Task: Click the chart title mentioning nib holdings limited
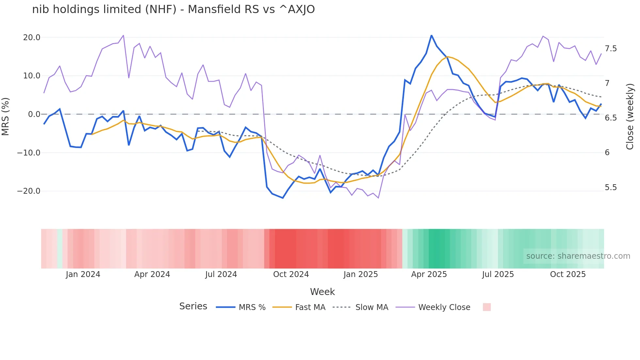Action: pyautogui.click(x=173, y=9)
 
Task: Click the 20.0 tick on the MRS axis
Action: pyautogui.click(x=32, y=38)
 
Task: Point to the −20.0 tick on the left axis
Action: pyautogui.click(x=29, y=191)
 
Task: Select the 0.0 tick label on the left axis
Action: pyautogui.click(x=34, y=114)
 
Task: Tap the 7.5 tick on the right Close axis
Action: pyautogui.click(x=611, y=49)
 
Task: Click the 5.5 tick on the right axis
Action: pyautogui.click(x=611, y=188)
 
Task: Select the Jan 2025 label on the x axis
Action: pyautogui.click(x=360, y=274)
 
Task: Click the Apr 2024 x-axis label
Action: pyautogui.click(x=152, y=274)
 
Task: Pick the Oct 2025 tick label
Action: pyautogui.click(x=568, y=274)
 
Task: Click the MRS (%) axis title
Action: pyautogui.click(x=6, y=116)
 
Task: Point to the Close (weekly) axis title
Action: pyautogui.click(x=630, y=116)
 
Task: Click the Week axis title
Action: pyautogui.click(x=322, y=292)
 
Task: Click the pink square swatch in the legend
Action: pyautogui.click(x=487, y=307)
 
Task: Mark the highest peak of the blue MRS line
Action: pyautogui.click(x=431, y=35)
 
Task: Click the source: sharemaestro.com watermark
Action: pyautogui.click(x=578, y=256)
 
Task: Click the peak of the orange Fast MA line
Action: pyautogui.click(x=447, y=57)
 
